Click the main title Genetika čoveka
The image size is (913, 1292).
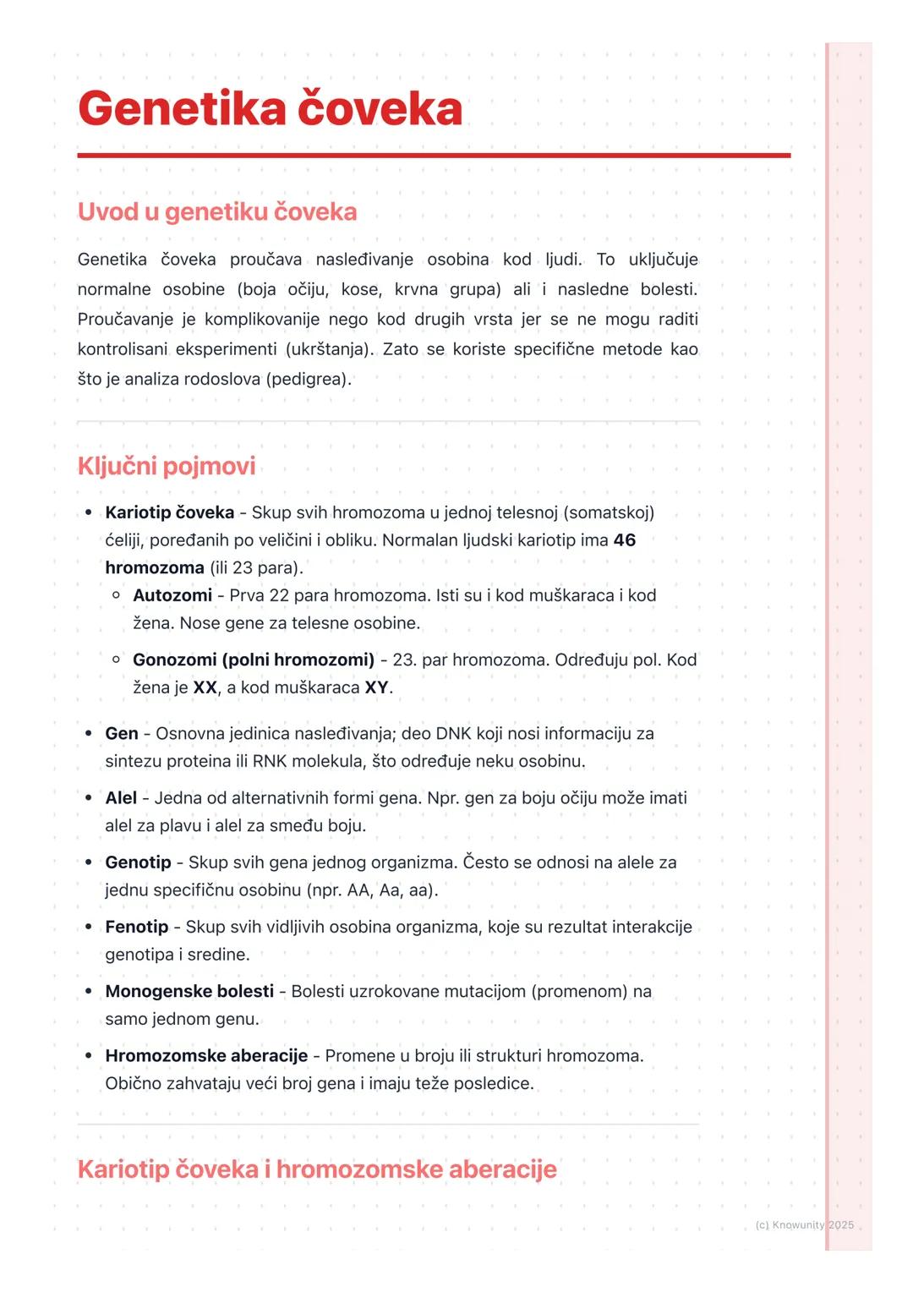coord(270,109)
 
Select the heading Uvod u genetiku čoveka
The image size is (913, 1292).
coord(217,211)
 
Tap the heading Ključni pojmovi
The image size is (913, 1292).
coord(167,466)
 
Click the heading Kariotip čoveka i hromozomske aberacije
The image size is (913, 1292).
coord(317,1169)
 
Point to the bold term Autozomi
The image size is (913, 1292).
coord(172,595)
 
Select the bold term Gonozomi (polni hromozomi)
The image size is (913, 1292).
coord(254,660)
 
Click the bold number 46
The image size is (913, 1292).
coord(624,540)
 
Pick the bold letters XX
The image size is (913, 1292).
coord(205,687)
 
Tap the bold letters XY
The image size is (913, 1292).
coord(376,687)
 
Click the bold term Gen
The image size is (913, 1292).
coord(122,734)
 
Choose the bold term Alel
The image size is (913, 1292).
coord(121,798)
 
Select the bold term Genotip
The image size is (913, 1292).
coord(138,862)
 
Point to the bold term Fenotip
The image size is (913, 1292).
coord(137,927)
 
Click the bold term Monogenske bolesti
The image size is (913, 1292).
coord(189,991)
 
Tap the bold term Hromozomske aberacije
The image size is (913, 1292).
coord(206,1055)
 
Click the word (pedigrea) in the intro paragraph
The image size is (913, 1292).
coord(308,379)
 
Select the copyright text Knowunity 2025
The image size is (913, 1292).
coord(804,1225)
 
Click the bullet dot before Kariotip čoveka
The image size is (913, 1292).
coord(88,513)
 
